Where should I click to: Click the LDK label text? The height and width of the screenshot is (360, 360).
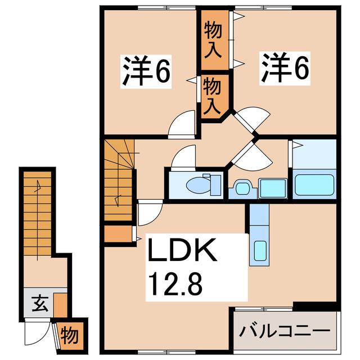(182, 250)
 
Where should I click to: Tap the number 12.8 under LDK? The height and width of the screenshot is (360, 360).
(175, 285)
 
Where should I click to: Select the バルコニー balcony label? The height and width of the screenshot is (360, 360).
(285, 331)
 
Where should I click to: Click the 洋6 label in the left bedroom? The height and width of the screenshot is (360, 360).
(146, 71)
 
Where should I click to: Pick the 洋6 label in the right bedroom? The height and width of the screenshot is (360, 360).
(285, 68)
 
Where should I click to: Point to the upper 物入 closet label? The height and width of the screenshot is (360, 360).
(213, 39)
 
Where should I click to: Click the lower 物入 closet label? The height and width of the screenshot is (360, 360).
(212, 96)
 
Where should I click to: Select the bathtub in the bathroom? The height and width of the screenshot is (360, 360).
(314, 185)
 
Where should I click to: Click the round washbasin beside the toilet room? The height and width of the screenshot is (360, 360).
(242, 188)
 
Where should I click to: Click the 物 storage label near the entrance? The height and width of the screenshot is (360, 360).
(70, 336)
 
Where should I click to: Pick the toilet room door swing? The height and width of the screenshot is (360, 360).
(183, 157)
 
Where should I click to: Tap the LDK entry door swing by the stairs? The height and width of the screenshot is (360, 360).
(150, 213)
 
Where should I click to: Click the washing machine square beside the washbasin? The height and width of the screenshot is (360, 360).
(273, 188)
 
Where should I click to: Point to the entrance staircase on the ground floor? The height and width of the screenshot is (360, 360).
(38, 214)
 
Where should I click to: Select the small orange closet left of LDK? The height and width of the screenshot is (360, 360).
(118, 234)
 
